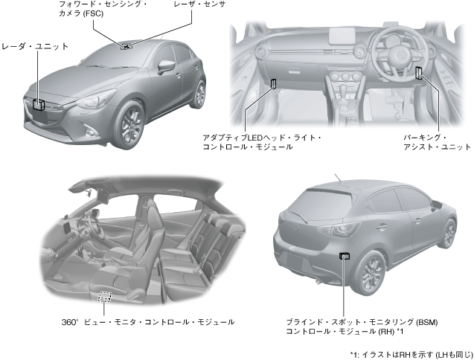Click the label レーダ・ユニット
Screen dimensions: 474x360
pos(36,46)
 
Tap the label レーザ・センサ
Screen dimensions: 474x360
pos(199,5)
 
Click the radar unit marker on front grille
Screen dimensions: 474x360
pos(38,103)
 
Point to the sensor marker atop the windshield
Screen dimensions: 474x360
pos(127,46)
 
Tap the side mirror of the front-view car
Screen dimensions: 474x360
pos(167,65)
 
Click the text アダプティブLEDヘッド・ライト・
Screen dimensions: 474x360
pos(262,138)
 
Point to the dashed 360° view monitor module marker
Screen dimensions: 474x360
pos(105,296)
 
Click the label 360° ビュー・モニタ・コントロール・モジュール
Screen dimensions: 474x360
pos(148,322)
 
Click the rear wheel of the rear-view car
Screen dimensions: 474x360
pos(369,273)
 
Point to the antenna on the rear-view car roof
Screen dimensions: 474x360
pos(339,179)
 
